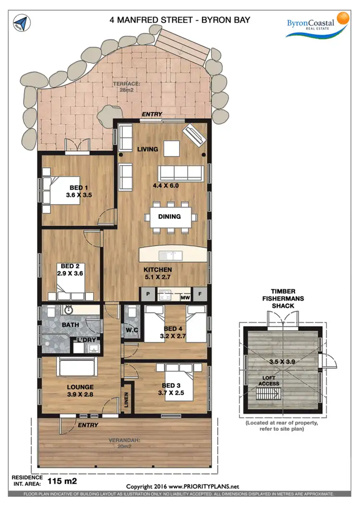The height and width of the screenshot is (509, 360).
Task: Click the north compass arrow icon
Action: pyautogui.click(x=21, y=23)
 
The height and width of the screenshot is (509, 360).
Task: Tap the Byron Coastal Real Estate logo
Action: pyautogui.click(x=316, y=25)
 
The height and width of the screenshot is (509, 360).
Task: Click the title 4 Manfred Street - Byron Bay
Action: pyautogui.click(x=180, y=20)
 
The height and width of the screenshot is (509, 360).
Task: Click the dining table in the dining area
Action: pyautogui.click(x=169, y=217)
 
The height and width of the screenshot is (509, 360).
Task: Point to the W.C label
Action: pyautogui.click(x=132, y=330)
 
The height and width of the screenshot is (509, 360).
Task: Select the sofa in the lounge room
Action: pyautogui.click(x=78, y=369)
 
